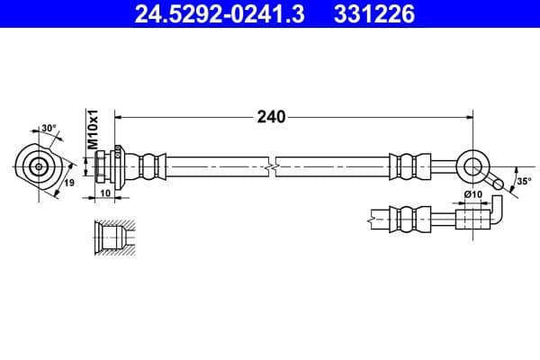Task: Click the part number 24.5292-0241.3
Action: pos(210,13)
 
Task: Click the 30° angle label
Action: pos(49,128)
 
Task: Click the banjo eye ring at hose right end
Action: pos(472,166)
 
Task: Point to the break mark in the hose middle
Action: pos(271,166)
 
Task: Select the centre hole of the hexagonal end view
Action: pos(38,166)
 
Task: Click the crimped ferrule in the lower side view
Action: pos(406,217)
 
